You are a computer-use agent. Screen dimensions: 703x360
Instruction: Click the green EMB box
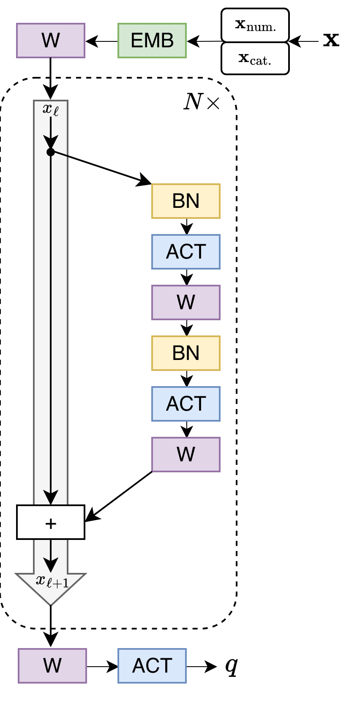pyautogui.click(x=152, y=41)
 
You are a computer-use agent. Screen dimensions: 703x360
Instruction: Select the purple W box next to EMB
pyautogui.click(x=51, y=41)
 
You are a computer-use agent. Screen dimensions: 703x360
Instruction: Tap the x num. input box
pyautogui.click(x=255, y=25)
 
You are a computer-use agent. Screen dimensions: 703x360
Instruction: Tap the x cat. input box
pyautogui.click(x=255, y=58)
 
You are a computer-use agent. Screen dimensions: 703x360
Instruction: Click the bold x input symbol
pyautogui.click(x=331, y=40)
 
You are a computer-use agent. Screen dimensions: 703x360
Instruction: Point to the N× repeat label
pyautogui.click(x=202, y=102)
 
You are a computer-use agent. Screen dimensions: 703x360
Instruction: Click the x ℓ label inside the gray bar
pyautogui.click(x=51, y=109)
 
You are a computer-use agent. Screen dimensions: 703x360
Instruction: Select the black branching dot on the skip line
pyautogui.click(x=51, y=152)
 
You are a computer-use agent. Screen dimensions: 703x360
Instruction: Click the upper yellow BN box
pyautogui.click(x=186, y=201)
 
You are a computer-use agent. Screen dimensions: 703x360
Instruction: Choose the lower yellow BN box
pyautogui.click(x=186, y=353)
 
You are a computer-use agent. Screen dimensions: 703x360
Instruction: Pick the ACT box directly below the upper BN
pyautogui.click(x=186, y=252)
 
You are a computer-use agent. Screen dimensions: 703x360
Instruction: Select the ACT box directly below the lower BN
pyautogui.click(x=186, y=404)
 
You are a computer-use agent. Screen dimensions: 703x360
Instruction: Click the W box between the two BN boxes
pyautogui.click(x=186, y=302)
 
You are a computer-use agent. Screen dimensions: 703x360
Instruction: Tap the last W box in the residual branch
pyautogui.click(x=186, y=455)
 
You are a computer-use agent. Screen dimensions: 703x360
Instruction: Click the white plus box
pyautogui.click(x=51, y=523)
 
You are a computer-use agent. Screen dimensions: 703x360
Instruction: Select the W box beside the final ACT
pyautogui.click(x=52, y=666)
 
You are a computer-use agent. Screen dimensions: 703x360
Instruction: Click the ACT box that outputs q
pyautogui.click(x=152, y=666)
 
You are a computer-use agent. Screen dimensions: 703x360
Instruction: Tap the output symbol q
pyautogui.click(x=231, y=666)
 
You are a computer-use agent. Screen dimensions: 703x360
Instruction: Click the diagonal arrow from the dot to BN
pyautogui.click(x=101, y=168)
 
